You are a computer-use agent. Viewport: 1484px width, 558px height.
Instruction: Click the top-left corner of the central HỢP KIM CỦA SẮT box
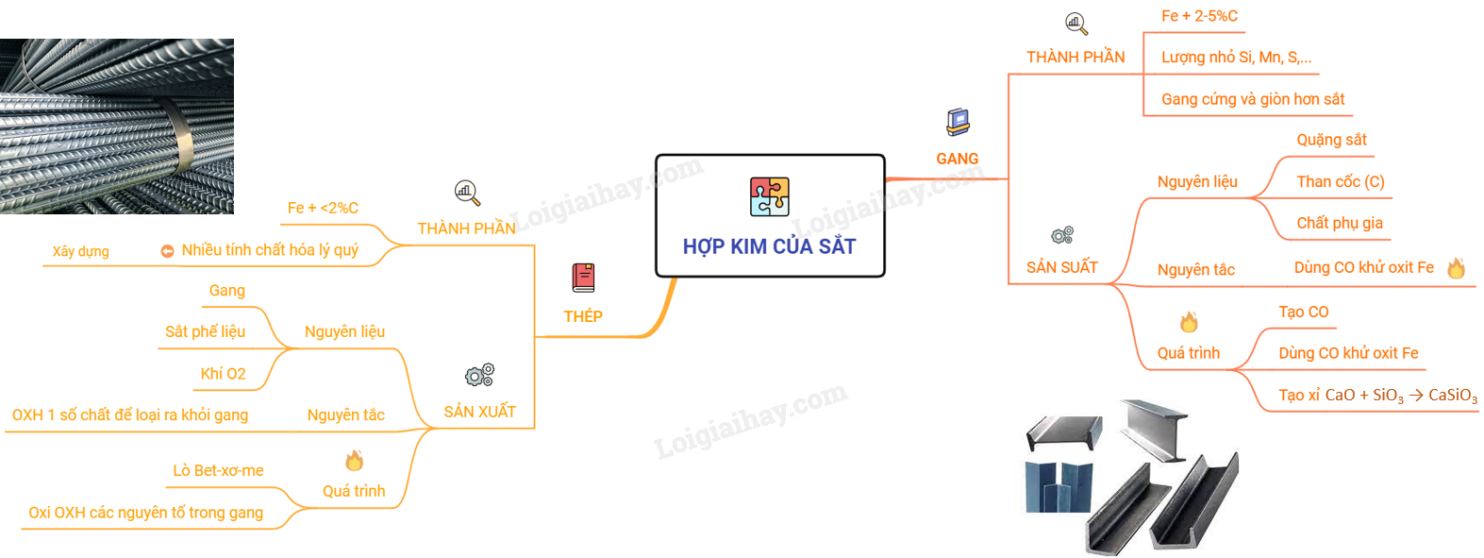click(657, 156)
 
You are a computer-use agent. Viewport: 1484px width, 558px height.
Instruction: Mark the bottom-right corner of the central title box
click(884, 276)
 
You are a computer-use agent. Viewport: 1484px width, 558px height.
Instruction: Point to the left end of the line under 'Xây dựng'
click(43, 265)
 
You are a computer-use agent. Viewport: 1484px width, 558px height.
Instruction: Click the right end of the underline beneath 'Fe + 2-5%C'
click(1244, 32)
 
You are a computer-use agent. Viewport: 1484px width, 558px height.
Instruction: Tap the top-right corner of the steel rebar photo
click(233, 39)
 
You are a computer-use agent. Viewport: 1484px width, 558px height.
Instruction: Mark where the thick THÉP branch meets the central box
click(675, 278)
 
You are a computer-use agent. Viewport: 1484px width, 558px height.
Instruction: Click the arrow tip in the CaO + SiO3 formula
click(1423, 396)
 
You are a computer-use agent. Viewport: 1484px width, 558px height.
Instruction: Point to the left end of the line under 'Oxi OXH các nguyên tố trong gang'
click(22, 529)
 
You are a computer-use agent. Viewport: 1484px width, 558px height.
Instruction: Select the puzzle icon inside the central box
click(769, 196)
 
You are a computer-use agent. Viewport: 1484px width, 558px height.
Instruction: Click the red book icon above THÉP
click(584, 278)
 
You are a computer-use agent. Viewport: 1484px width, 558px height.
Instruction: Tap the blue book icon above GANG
click(958, 122)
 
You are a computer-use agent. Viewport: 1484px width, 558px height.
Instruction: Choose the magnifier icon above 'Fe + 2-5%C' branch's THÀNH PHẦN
click(1076, 24)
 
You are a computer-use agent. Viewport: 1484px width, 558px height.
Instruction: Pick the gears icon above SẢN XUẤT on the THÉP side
click(479, 375)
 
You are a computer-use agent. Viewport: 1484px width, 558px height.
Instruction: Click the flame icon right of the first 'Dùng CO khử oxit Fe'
click(1457, 268)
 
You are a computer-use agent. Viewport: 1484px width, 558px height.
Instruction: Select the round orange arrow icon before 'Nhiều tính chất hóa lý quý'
click(168, 251)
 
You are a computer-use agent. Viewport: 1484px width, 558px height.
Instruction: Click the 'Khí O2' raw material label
click(224, 374)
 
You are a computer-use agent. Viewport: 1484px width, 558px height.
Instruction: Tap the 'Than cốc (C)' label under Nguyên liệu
click(1341, 181)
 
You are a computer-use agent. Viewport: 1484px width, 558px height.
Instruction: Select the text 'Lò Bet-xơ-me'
click(218, 470)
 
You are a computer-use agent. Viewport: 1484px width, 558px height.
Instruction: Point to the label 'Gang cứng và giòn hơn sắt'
click(1253, 99)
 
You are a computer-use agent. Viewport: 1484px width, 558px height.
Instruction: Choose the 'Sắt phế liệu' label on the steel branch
click(205, 331)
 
